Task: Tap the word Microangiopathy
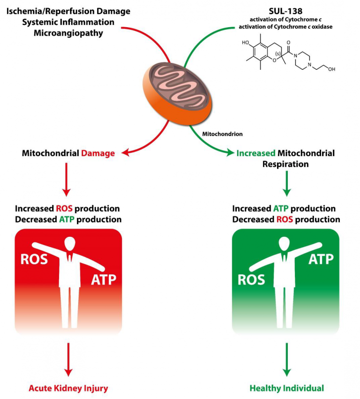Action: point(68,33)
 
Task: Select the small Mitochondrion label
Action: point(222,134)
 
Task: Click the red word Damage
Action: point(98,153)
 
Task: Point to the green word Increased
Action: point(256,153)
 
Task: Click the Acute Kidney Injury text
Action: point(68,388)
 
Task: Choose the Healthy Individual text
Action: point(287,388)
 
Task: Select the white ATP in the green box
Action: point(321,258)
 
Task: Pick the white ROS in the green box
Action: point(252,279)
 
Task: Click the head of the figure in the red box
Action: point(69,244)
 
